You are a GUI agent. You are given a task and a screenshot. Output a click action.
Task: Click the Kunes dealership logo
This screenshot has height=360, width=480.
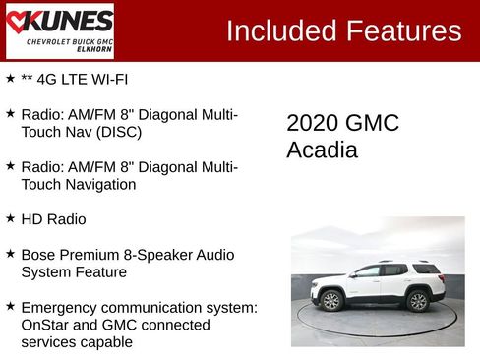tap(59, 30)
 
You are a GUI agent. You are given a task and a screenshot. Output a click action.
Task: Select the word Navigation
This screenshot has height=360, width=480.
tap(100, 184)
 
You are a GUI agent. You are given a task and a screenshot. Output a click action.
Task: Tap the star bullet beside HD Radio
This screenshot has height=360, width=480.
tap(10, 218)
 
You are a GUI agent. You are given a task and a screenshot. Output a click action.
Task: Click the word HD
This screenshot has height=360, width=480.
tap(31, 219)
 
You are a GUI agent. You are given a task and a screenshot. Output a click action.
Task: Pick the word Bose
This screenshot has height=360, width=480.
tap(38, 254)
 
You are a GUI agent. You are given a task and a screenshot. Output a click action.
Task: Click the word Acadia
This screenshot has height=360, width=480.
tap(322, 150)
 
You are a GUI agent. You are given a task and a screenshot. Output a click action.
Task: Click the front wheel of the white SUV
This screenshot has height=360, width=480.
tap(331, 300)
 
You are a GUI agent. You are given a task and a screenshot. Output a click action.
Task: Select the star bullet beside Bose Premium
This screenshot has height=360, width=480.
tap(10, 254)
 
